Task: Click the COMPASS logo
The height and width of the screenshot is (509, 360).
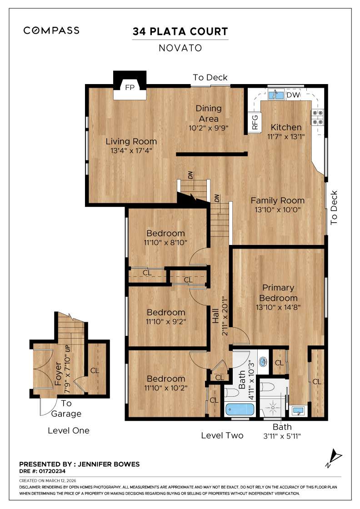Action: (x=51, y=30)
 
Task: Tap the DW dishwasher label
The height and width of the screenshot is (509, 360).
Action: (x=293, y=95)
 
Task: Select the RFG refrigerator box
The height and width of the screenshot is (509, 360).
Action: (x=255, y=123)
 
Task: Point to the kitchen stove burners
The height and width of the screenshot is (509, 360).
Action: (x=317, y=117)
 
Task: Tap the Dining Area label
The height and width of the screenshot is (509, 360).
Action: (x=209, y=113)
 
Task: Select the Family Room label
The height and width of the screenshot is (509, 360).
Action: (x=277, y=200)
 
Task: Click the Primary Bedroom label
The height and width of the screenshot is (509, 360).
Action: (x=278, y=293)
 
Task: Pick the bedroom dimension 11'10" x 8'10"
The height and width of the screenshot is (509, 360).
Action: (x=165, y=243)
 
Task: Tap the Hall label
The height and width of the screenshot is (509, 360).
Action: (x=215, y=316)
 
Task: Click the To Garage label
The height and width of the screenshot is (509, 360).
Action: (x=66, y=408)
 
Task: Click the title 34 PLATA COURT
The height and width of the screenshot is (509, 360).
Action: (x=180, y=31)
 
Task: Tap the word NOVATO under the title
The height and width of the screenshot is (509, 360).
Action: (x=180, y=47)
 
